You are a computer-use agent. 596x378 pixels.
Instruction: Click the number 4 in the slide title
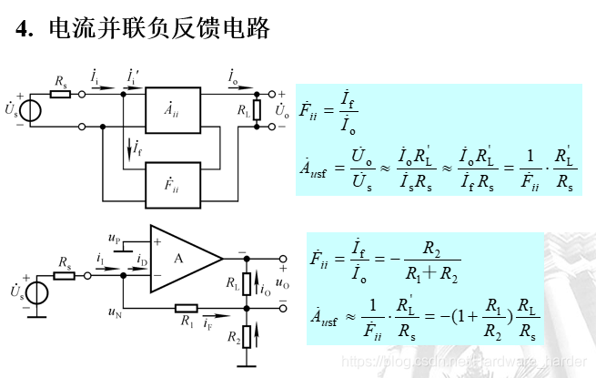25,29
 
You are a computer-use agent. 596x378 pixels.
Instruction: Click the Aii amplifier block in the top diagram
171,111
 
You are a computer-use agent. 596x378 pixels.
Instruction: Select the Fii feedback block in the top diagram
171,189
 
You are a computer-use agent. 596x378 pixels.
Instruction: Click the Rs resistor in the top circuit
60,94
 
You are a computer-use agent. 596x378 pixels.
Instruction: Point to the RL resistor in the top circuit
258,110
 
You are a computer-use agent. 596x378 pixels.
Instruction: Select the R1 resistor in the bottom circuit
186,308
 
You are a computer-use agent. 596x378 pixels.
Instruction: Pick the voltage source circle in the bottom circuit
36,293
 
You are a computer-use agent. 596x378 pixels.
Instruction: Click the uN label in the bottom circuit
114,313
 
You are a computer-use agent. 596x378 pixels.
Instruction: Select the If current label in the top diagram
136,148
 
